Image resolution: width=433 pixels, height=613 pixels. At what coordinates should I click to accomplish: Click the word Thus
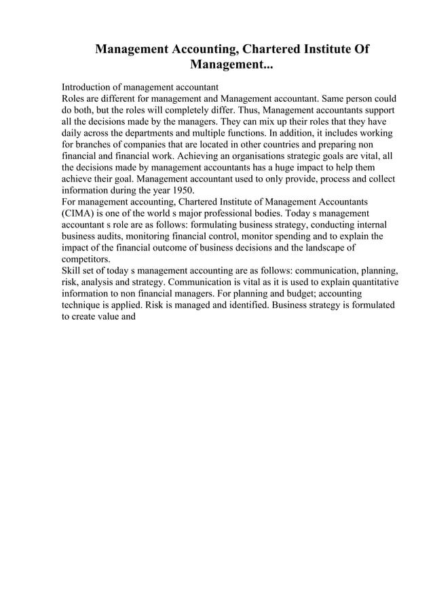pyautogui.click(x=249, y=110)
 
